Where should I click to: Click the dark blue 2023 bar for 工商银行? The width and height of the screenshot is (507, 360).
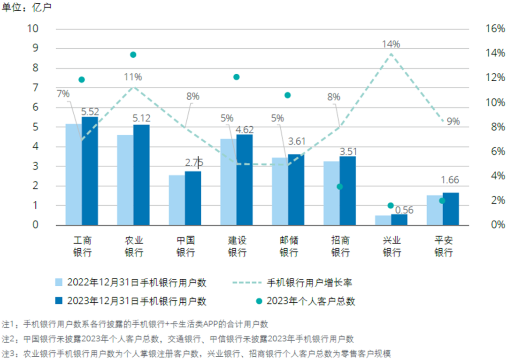[90, 171]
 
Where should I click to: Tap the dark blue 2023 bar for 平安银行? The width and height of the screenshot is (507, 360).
[451, 208]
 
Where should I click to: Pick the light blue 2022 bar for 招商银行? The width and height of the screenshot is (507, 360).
[331, 193]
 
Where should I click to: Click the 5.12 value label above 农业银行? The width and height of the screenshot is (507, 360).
[141, 118]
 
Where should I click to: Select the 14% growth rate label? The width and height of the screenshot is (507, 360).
[391, 45]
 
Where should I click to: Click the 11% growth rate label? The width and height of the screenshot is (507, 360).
[133, 77]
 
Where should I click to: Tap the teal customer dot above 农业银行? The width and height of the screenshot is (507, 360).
[133, 55]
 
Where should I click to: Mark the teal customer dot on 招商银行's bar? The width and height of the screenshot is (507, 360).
[340, 187]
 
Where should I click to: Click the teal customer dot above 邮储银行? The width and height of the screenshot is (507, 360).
[288, 95]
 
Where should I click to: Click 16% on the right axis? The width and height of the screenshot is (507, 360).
[494, 29]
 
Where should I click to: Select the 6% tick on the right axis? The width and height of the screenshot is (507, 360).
[497, 151]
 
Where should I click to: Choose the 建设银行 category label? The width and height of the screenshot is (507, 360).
[237, 246]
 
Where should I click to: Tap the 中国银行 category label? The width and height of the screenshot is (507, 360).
[185, 246]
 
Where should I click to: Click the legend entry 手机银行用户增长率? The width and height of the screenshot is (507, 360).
[310, 283]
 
